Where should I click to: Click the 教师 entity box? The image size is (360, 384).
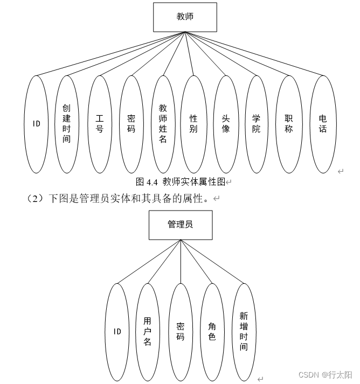(185, 17)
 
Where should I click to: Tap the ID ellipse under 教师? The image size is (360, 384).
(36, 124)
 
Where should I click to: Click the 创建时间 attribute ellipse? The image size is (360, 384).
(67, 124)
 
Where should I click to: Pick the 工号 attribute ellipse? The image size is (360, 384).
(99, 124)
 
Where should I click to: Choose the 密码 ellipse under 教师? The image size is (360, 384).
(131, 124)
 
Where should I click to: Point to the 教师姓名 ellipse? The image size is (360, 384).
(163, 124)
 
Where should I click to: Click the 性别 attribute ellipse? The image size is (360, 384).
(193, 124)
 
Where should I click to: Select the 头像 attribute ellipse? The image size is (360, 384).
(226, 124)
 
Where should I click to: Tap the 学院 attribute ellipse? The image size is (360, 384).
(257, 124)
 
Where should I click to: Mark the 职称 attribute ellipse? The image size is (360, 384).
(289, 124)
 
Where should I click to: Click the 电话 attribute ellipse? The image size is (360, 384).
(323, 124)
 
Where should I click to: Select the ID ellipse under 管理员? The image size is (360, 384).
(117, 332)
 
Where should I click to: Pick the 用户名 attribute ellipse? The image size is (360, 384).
(148, 332)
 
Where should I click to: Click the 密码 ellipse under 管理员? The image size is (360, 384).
(181, 332)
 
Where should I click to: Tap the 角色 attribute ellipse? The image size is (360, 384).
(212, 332)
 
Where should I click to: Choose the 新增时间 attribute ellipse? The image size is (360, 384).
(244, 332)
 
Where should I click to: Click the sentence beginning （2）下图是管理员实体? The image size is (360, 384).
(119, 199)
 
